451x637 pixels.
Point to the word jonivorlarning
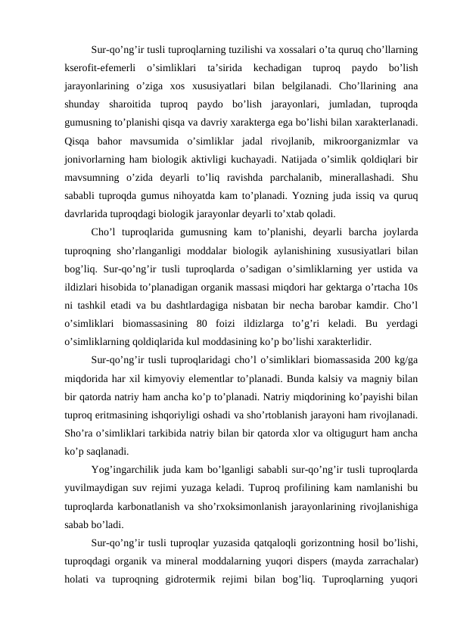pyautogui.click(x=95, y=159)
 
